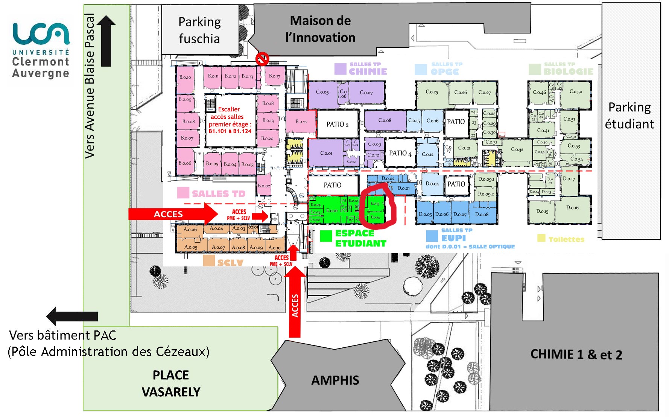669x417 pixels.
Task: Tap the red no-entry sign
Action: [262, 59]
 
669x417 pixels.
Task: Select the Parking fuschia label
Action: [199, 30]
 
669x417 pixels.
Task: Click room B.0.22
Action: [301, 122]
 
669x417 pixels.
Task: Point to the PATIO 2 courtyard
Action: [337, 124]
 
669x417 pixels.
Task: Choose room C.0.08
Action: [385, 120]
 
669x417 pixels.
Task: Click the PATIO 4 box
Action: [400, 153]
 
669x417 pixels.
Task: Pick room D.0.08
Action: [482, 214]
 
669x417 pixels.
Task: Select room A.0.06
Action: [190, 230]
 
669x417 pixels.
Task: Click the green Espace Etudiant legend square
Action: [325, 236]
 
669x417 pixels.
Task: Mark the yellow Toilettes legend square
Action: [541, 238]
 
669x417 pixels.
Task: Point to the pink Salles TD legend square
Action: [183, 193]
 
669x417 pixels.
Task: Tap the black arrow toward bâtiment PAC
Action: [71, 316]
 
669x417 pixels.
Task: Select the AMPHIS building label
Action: [335, 380]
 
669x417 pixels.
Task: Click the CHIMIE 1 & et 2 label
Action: [576, 355]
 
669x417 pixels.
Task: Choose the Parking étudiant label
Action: [629, 116]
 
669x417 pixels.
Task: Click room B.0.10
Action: [185, 78]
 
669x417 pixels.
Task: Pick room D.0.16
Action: [572, 208]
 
